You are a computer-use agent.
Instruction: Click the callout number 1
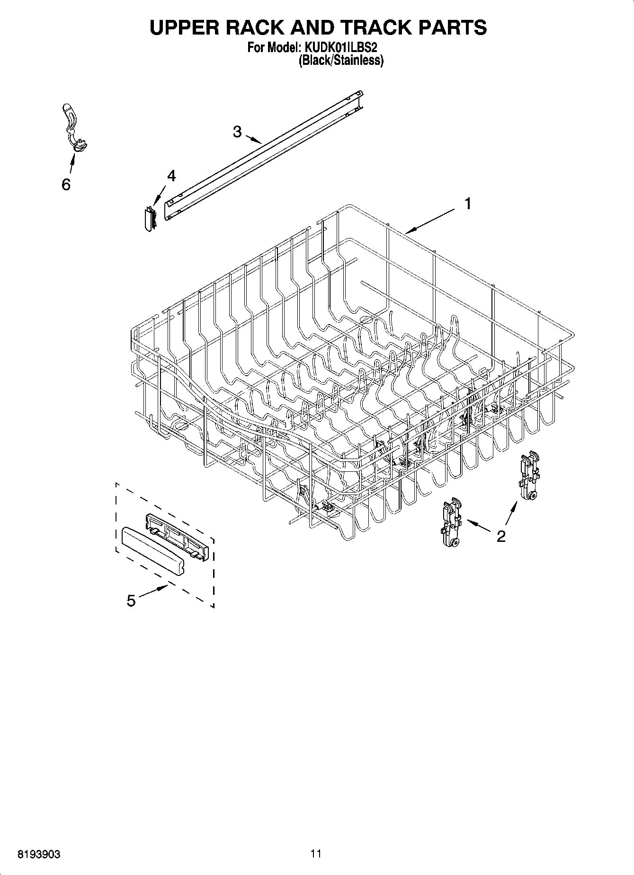click(x=468, y=204)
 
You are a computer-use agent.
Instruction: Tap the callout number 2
click(x=501, y=536)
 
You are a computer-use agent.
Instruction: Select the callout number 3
click(x=237, y=132)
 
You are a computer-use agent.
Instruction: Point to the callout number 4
click(x=171, y=176)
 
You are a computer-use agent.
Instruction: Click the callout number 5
click(x=131, y=601)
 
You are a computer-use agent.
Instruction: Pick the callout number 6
click(x=66, y=185)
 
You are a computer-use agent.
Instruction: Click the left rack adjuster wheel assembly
click(x=451, y=523)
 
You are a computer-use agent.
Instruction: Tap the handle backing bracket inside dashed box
click(x=178, y=537)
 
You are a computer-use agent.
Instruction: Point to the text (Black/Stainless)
click(x=340, y=60)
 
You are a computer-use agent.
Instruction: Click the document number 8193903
click(x=39, y=854)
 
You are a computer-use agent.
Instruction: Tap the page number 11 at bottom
click(x=316, y=854)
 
